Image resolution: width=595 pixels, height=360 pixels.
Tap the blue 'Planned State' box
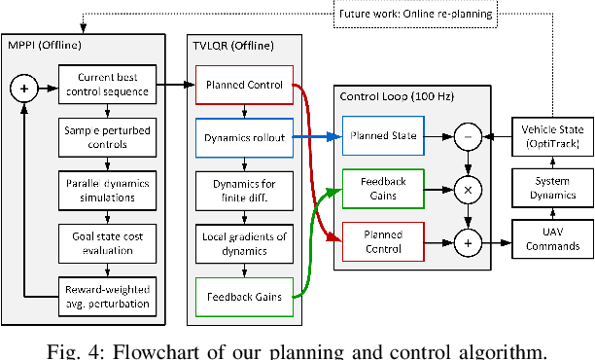pos(382,136)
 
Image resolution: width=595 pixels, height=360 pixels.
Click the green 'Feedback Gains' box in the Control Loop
pos(382,187)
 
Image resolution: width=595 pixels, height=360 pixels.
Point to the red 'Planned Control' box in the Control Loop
pos(382,241)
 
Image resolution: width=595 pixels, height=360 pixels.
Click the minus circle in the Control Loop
pos(469,137)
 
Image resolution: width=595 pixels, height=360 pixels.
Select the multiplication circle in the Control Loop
pos(469,188)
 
